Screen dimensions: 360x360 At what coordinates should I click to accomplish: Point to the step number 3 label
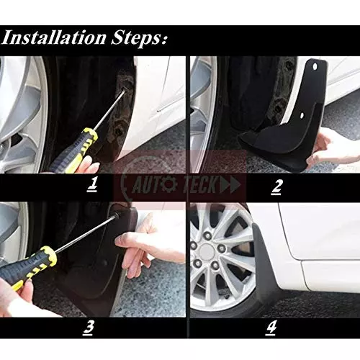[x=89, y=328]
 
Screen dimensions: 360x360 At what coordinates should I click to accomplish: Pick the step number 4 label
[x=271, y=328]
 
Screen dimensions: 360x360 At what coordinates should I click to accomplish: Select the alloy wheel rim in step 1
[x=22, y=108]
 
